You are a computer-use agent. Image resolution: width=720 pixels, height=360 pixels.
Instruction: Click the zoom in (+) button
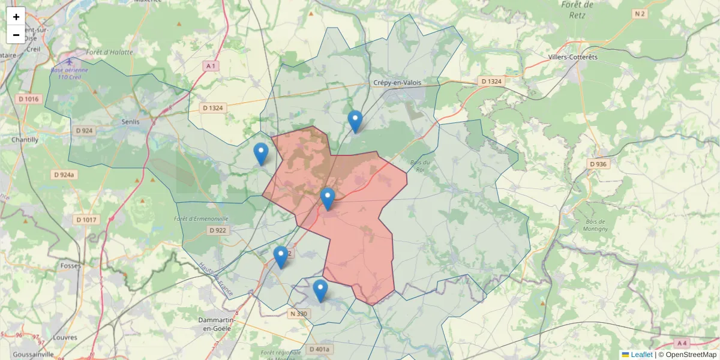coord(16,17)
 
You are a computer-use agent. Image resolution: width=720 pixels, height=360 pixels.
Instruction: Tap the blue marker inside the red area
coord(327,199)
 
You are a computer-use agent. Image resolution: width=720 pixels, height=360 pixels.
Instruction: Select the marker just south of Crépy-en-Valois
coord(355,121)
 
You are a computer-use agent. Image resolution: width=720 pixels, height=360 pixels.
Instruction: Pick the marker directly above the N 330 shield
coord(320,290)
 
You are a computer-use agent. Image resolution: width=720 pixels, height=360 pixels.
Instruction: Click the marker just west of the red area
coord(260,154)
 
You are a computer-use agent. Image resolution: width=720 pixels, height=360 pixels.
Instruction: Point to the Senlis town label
coord(130,122)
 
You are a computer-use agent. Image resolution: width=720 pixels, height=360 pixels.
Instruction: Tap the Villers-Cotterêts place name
coord(572,57)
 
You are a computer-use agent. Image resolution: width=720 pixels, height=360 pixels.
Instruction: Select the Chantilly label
coord(25,140)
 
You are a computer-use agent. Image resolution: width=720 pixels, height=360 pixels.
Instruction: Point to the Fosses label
coord(71,265)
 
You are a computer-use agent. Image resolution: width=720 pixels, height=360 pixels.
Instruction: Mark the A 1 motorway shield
coord(210,65)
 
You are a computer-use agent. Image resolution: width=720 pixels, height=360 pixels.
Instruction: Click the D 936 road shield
coord(598,164)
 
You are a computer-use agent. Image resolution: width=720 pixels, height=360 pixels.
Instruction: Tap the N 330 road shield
coord(298,314)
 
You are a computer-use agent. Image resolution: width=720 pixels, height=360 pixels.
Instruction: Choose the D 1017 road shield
coord(86,220)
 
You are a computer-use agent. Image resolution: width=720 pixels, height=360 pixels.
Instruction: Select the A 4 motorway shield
coord(681,343)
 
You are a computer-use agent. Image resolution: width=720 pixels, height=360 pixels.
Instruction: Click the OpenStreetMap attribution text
coord(691,355)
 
